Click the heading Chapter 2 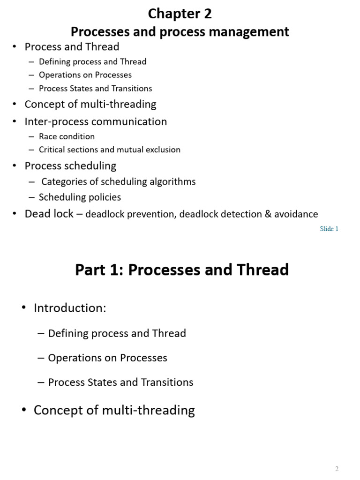click(x=180, y=14)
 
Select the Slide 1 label click(x=329, y=229)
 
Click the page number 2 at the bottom click(x=337, y=469)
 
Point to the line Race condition click(x=67, y=136)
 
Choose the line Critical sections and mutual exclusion click(x=109, y=150)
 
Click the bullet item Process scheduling click(x=70, y=165)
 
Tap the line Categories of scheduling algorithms click(x=118, y=181)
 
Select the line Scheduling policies click(x=80, y=197)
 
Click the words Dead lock click(x=49, y=214)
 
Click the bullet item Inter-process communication click(x=96, y=121)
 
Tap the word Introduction click(x=70, y=308)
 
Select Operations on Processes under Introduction click(x=107, y=358)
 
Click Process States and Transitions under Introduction click(x=120, y=382)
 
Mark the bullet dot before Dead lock click(x=15, y=214)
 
